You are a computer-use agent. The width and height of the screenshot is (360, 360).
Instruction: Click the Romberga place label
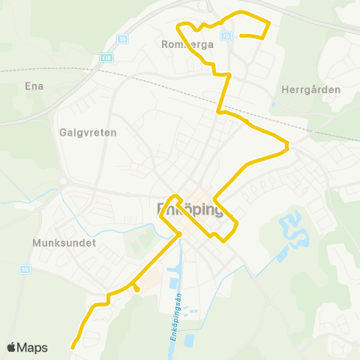(x=187, y=44)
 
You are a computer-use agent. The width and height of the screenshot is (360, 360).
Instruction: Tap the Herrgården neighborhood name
(x=310, y=89)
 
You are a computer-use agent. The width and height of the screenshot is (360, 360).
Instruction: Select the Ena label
(x=34, y=85)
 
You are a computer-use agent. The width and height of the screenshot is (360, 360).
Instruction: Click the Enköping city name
(x=190, y=209)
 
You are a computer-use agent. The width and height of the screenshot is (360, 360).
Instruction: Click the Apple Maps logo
(x=27, y=347)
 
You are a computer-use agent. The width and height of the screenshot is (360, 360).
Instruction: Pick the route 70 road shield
(x=226, y=35)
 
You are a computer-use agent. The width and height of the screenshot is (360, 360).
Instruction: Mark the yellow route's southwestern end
(x=73, y=346)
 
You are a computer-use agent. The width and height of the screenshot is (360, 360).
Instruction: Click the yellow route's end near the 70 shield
(x=241, y=34)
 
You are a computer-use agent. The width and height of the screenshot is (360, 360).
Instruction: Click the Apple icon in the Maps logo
(x=12, y=347)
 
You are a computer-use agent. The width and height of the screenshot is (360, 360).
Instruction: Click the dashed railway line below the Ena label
(x=45, y=70)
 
